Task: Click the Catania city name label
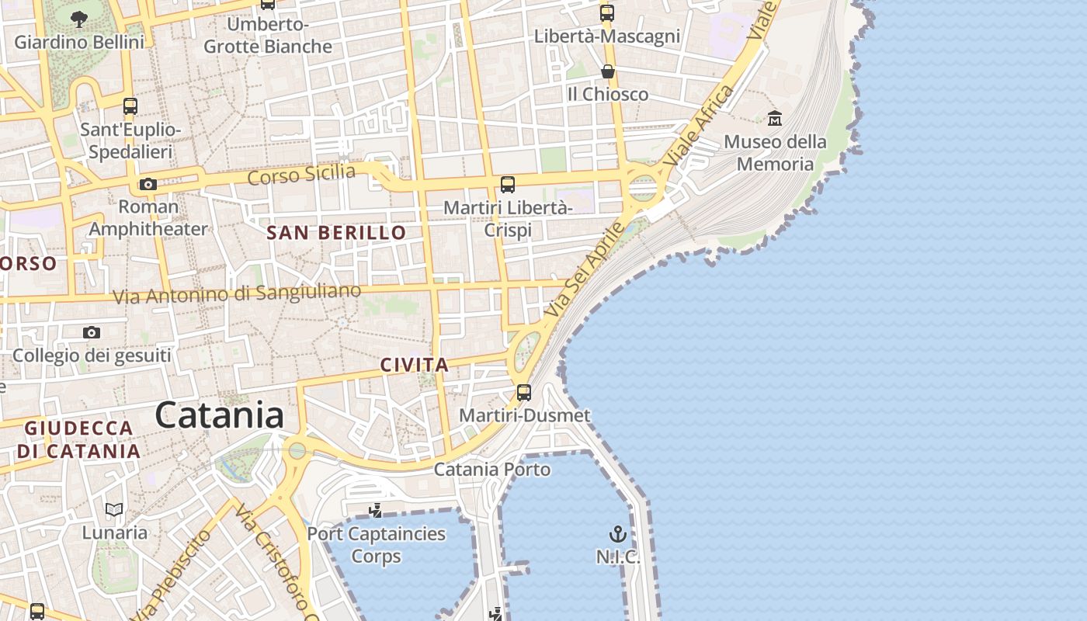coord(220,415)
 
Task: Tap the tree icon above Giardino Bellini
coord(78,19)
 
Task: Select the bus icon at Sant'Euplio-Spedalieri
coord(130,106)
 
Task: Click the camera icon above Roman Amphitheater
coord(148,184)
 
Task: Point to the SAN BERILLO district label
coord(336,232)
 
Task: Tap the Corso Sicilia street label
coord(301,175)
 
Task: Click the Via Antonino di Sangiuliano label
coord(237,294)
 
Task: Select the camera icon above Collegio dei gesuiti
coord(92,332)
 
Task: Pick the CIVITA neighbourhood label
coord(415,365)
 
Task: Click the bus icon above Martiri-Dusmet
coord(524,392)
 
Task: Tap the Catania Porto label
coord(491,469)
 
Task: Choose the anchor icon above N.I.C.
coord(618,534)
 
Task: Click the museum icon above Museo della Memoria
coord(775,119)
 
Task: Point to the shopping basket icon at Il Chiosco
coord(608,71)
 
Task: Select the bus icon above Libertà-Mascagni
coord(607,13)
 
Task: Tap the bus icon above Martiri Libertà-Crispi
coord(508,185)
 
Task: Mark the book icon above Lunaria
coord(114,509)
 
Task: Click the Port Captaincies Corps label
coord(377,545)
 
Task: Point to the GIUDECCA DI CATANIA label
coord(78,439)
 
